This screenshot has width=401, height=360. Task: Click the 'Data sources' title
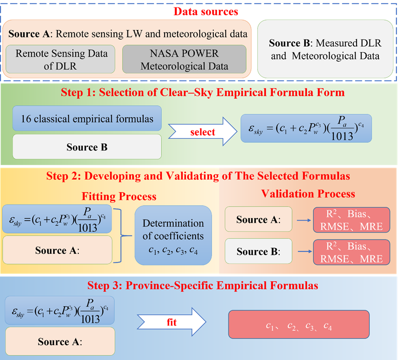(206, 11)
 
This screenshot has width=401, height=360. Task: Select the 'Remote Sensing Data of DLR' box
(61, 59)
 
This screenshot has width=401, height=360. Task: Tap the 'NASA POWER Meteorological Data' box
(184, 59)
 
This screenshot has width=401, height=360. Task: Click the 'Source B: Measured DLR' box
(325, 49)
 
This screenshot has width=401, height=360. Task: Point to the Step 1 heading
(203, 92)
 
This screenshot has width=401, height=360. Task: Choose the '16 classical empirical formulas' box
(87, 119)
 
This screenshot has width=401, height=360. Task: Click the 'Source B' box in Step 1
(87, 147)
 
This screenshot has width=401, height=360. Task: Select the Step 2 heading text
(198, 176)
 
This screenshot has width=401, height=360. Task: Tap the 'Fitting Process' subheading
(119, 196)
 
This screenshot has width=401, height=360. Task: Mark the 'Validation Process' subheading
(308, 194)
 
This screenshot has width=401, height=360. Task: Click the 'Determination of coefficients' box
(173, 235)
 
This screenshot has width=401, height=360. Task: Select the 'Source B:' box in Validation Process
(258, 252)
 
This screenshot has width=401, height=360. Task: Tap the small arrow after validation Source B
(303, 252)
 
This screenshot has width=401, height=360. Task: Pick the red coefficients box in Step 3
(299, 326)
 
